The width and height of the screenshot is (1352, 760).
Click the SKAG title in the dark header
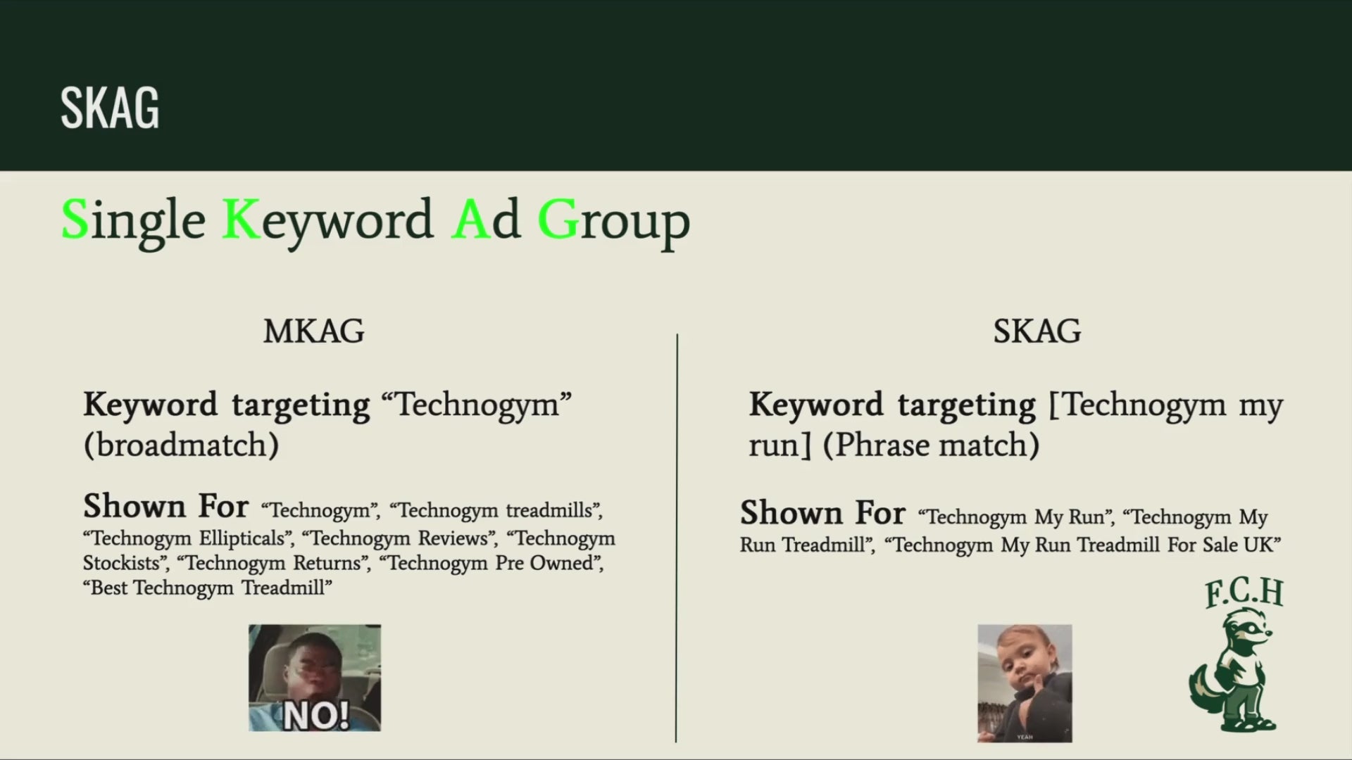110,108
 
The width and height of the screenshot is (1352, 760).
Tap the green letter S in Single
75,220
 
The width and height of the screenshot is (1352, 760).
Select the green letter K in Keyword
241,220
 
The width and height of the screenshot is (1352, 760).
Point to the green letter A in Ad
470,220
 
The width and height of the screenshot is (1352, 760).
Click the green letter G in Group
558,220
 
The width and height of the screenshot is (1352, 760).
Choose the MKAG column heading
314,331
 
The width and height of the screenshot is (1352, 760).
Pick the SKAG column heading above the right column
1037,331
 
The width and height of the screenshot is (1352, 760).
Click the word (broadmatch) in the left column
181,445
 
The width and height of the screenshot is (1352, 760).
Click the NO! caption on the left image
316,716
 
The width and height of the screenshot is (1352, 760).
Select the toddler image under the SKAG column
1025,683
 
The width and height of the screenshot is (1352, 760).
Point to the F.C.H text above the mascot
1244,593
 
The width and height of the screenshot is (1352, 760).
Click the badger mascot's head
1248,629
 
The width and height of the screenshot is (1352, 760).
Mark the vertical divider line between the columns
677,538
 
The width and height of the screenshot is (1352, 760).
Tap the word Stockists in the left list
122,563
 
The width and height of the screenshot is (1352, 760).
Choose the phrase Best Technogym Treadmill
207,588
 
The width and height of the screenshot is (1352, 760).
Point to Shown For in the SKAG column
822,512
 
